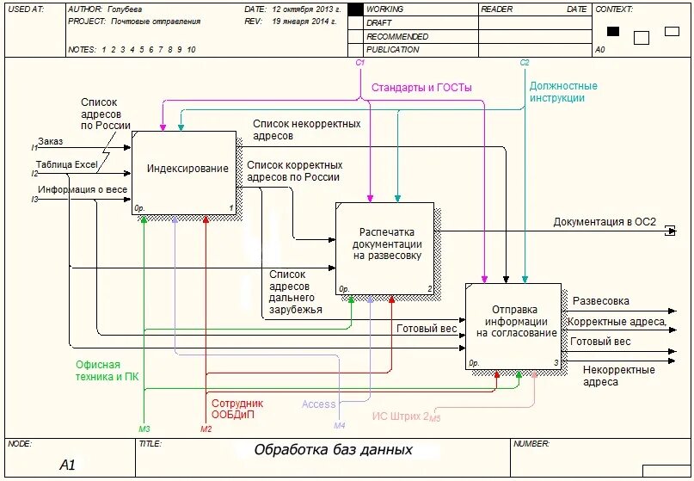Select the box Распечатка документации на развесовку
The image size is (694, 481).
(x=386, y=244)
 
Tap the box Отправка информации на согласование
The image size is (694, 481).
(x=514, y=322)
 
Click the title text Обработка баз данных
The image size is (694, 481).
(x=333, y=450)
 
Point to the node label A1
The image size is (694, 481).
(x=68, y=466)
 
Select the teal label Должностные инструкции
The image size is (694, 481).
(x=563, y=92)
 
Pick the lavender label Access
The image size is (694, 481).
(x=318, y=404)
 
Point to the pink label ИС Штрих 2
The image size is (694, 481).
(x=401, y=416)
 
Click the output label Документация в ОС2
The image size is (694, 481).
(x=604, y=222)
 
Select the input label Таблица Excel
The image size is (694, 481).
(x=66, y=163)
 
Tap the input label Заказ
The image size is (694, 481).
(x=50, y=141)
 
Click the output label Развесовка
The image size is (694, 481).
(x=600, y=301)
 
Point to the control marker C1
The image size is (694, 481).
(x=360, y=63)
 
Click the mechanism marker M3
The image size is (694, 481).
(x=144, y=428)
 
